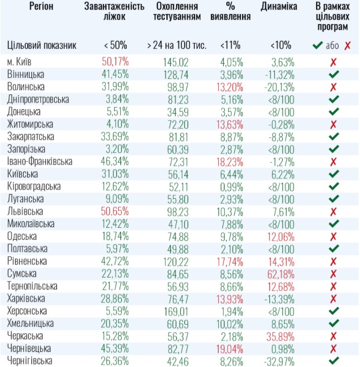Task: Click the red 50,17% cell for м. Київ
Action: (x=115, y=62)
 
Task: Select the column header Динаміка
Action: (x=279, y=7)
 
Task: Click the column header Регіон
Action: (x=42, y=7)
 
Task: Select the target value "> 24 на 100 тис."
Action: (x=176, y=45)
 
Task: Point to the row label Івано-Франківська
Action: (x=40, y=161)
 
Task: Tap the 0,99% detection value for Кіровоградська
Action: (x=231, y=187)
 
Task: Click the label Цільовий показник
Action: (x=42, y=45)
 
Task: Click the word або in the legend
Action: (x=332, y=46)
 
